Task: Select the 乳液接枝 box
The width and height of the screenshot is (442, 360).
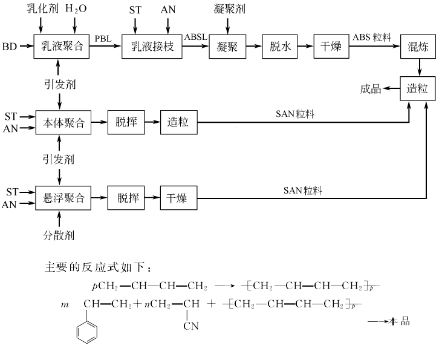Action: click(152, 47)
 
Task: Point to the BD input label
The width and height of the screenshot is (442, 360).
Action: click(10, 47)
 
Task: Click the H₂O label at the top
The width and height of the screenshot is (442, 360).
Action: click(76, 10)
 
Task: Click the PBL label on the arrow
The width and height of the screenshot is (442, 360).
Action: click(103, 38)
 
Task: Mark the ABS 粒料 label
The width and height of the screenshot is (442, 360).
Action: click(372, 38)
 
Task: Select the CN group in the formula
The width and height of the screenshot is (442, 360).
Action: click(192, 327)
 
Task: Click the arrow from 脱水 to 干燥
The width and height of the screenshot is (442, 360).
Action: click(306, 47)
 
